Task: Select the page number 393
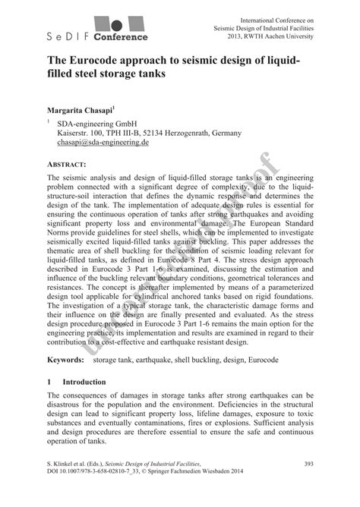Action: tap(308, 484)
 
